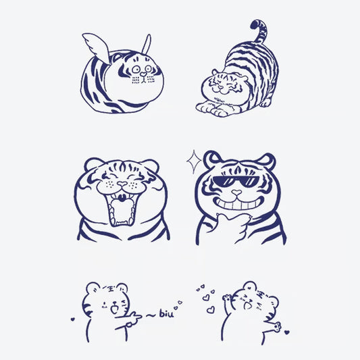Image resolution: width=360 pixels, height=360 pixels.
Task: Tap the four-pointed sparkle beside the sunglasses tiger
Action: [x=194, y=160]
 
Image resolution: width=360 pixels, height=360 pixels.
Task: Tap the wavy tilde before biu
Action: [x=149, y=313]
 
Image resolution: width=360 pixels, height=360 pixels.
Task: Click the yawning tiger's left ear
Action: [x=93, y=166]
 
